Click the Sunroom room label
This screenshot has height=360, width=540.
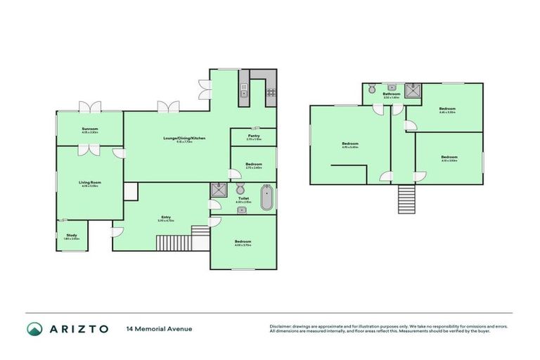pyautogui.click(x=89, y=129)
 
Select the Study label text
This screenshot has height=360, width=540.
pyautogui.click(x=72, y=235)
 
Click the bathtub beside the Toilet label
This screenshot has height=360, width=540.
pyautogui.click(x=267, y=198)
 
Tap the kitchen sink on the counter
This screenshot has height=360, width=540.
pyautogui.click(x=243, y=90)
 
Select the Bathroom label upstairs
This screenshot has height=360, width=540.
pyautogui.click(x=392, y=94)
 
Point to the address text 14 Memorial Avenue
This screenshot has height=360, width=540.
pyautogui.click(x=159, y=328)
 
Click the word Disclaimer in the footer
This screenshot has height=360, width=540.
pyautogui.click(x=282, y=326)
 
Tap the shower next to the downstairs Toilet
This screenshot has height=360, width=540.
pyautogui.click(x=219, y=189)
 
